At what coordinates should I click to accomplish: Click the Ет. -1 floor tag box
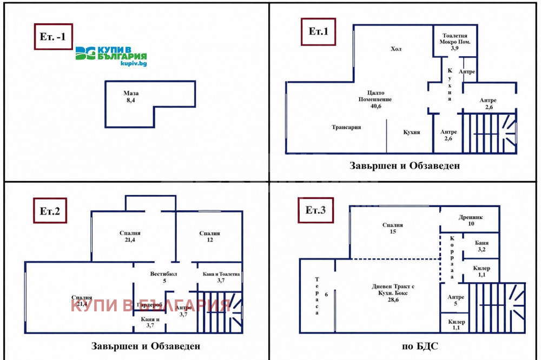53,37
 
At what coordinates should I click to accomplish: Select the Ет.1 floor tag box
319,32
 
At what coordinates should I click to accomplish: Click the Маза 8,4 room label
131,97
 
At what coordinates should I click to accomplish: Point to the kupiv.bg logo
111,56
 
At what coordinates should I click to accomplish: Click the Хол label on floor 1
397,49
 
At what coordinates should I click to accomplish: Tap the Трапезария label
346,128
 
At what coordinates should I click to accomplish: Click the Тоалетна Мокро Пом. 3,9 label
454,42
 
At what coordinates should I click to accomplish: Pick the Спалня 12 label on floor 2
209,236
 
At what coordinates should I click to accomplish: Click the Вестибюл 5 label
163,277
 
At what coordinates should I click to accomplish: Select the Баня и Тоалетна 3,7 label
221,277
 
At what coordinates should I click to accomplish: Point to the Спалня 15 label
392,228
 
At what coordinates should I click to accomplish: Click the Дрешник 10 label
467,220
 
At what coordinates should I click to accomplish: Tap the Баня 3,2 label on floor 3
481,246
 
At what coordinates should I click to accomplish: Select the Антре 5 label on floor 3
452,300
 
